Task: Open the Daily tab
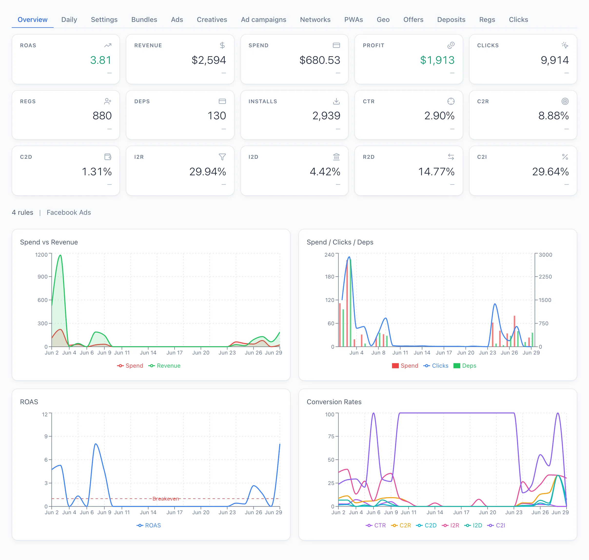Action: pyautogui.click(x=69, y=20)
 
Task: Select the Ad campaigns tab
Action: pyautogui.click(x=263, y=20)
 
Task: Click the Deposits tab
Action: pyautogui.click(x=451, y=20)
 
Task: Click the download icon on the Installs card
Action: pyautogui.click(x=336, y=101)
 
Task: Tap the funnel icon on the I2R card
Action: pyautogui.click(x=222, y=157)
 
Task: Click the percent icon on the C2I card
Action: pyautogui.click(x=565, y=157)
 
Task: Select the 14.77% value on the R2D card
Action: pyautogui.click(x=436, y=172)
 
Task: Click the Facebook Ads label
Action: pyautogui.click(x=69, y=212)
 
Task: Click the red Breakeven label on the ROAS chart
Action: pyautogui.click(x=166, y=499)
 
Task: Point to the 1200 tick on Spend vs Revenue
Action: pyautogui.click(x=41, y=255)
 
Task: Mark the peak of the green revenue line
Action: pyautogui.click(x=60, y=255)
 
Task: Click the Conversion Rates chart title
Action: pyautogui.click(x=334, y=402)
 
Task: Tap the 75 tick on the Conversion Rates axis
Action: pyautogui.click(x=331, y=436)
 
